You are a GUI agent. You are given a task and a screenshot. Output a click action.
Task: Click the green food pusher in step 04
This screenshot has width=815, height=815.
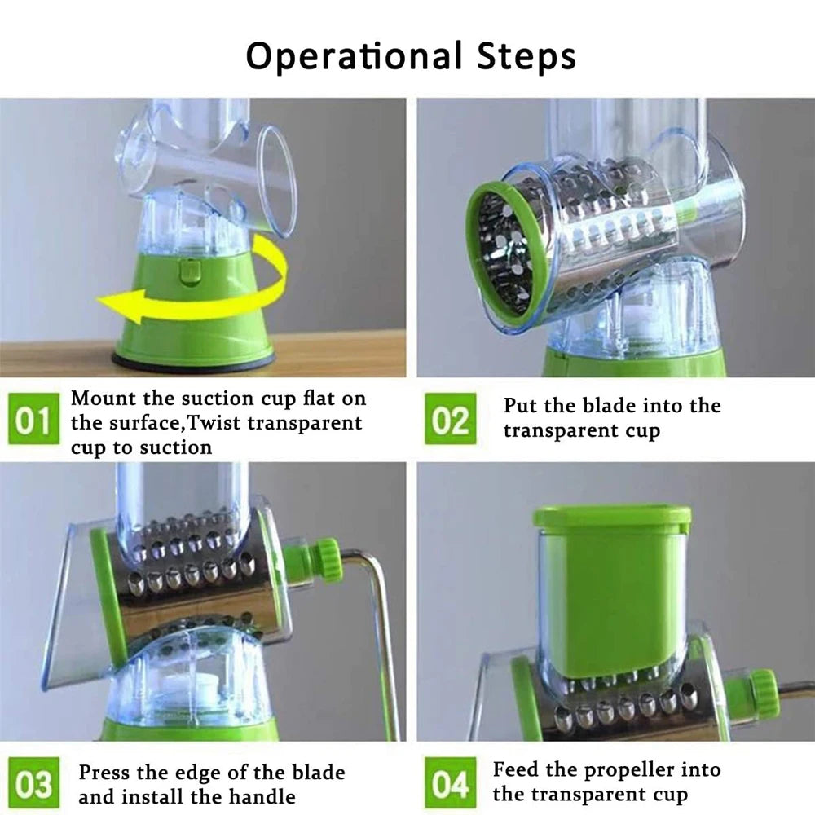coord(611,587)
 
